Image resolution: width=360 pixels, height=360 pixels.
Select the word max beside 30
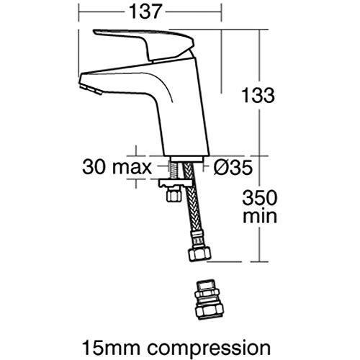pyautogui.click(x=131, y=168)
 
